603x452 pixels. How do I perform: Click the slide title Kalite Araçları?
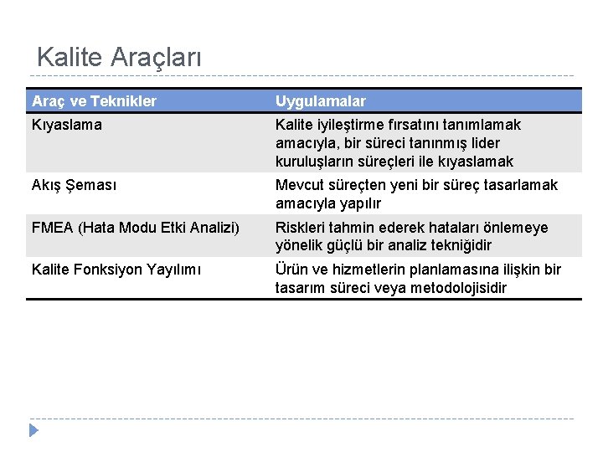click(x=119, y=58)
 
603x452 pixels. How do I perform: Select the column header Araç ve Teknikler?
click(x=94, y=101)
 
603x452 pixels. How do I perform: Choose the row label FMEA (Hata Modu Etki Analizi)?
click(x=135, y=228)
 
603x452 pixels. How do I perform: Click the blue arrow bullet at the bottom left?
click(x=34, y=431)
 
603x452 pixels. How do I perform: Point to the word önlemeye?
click(x=518, y=228)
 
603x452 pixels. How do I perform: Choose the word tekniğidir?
click(x=456, y=246)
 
